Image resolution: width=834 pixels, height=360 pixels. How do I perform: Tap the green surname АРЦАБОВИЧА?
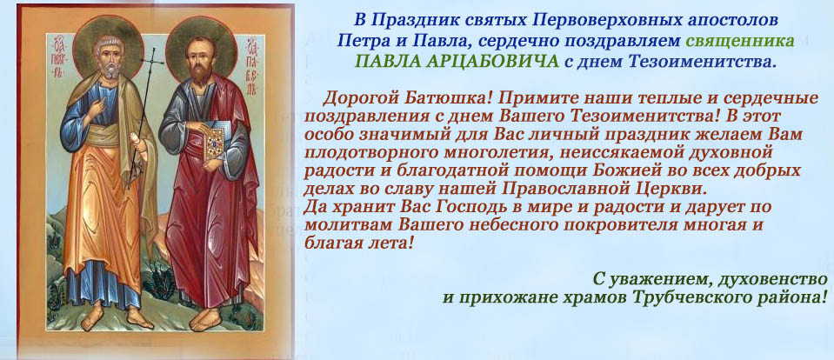point(484,61)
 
